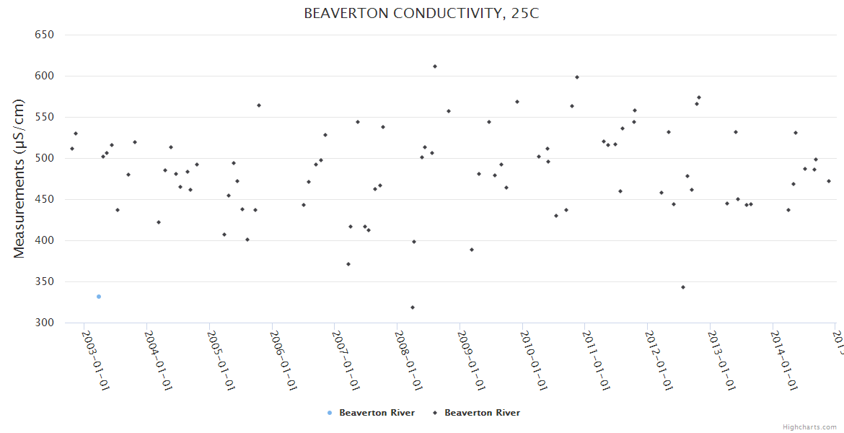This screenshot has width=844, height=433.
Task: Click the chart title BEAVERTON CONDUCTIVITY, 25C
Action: click(x=421, y=14)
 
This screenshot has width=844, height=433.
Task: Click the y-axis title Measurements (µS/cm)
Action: click(x=19, y=178)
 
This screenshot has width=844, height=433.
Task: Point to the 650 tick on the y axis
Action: click(x=45, y=35)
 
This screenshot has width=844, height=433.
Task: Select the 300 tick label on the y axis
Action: click(x=45, y=323)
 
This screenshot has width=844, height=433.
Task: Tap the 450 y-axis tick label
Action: click(x=45, y=199)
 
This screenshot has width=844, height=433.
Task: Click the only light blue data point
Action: click(x=99, y=297)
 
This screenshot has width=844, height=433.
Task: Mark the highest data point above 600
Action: click(x=435, y=66)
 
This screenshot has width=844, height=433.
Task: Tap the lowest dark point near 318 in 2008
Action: click(x=413, y=307)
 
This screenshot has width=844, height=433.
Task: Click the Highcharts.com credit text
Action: click(x=809, y=427)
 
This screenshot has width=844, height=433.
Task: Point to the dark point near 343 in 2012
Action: click(x=683, y=287)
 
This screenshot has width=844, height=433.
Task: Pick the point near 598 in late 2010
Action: click(x=577, y=77)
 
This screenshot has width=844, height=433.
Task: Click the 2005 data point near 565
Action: click(x=259, y=105)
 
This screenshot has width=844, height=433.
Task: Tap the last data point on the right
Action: click(x=829, y=181)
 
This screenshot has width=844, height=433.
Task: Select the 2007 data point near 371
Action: click(x=348, y=264)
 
